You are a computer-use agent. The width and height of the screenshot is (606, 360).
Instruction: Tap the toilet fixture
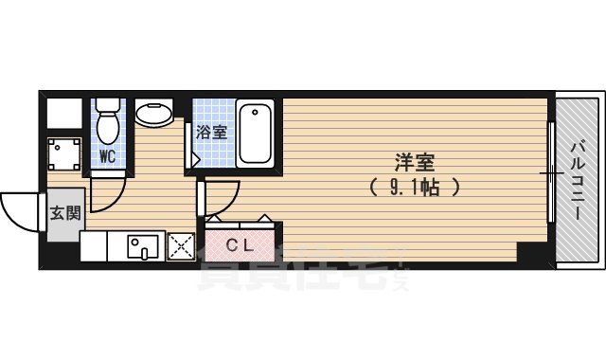pos(108,120)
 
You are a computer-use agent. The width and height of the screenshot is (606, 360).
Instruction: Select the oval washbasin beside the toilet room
pos(153,116)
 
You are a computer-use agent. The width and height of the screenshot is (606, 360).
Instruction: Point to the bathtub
pos(257,134)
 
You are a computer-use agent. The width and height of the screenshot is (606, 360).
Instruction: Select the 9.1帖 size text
pos(415,187)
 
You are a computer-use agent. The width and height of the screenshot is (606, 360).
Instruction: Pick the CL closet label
pos(238,243)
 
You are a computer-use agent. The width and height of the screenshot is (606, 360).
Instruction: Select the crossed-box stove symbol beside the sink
pos(180,246)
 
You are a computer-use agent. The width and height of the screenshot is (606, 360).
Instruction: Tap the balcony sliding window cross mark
pos(549,173)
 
